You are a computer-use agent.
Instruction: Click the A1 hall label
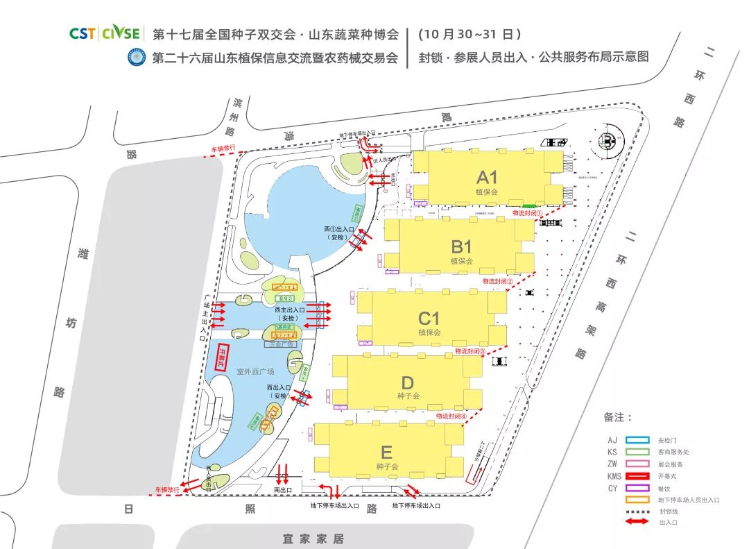(x=487, y=176)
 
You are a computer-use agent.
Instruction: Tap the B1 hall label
(x=461, y=247)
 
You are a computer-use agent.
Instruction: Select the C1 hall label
(x=429, y=319)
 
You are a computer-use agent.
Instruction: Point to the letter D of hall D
(x=407, y=383)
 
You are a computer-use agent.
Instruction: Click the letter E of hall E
(x=387, y=453)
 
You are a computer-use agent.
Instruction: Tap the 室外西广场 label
(x=255, y=371)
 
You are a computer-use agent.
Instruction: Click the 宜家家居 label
(x=313, y=539)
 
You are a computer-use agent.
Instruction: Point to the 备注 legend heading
(x=618, y=417)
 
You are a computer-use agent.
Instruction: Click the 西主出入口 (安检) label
(x=289, y=314)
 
